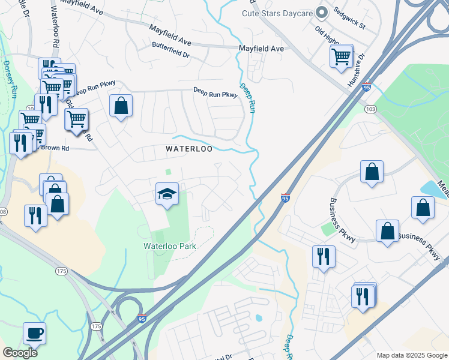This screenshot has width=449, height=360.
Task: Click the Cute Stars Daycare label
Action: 278,13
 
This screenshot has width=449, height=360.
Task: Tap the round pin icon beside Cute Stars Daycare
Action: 322,12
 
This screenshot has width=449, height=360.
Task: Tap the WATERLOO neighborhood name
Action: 189,148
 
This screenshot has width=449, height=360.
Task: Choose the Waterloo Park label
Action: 170,246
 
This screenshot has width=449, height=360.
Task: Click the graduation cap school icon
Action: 167,194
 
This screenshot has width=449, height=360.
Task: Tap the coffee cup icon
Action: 34,333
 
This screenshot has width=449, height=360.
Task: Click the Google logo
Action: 20,353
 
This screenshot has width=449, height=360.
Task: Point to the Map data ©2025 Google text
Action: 411,355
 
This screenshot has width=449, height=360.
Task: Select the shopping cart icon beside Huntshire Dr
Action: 341,57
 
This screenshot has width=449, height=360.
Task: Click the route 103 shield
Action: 370,109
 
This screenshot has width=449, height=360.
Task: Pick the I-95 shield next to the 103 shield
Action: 366,87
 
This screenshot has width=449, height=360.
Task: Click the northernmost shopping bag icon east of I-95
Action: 372,172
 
